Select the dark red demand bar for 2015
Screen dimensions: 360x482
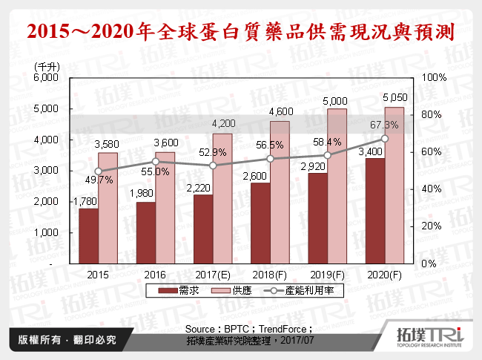tap(88, 235)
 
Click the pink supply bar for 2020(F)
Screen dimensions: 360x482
tap(394, 186)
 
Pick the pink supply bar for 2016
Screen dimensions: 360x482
tap(165, 208)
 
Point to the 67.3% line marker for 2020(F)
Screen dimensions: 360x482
tap(384, 139)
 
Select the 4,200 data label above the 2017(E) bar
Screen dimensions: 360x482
tap(223, 123)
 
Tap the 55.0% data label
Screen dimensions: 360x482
tap(154, 171)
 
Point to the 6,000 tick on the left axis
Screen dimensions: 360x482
tap(47, 78)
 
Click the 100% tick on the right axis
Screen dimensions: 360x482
tap(434, 78)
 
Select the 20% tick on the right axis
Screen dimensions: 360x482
tap(432, 226)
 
